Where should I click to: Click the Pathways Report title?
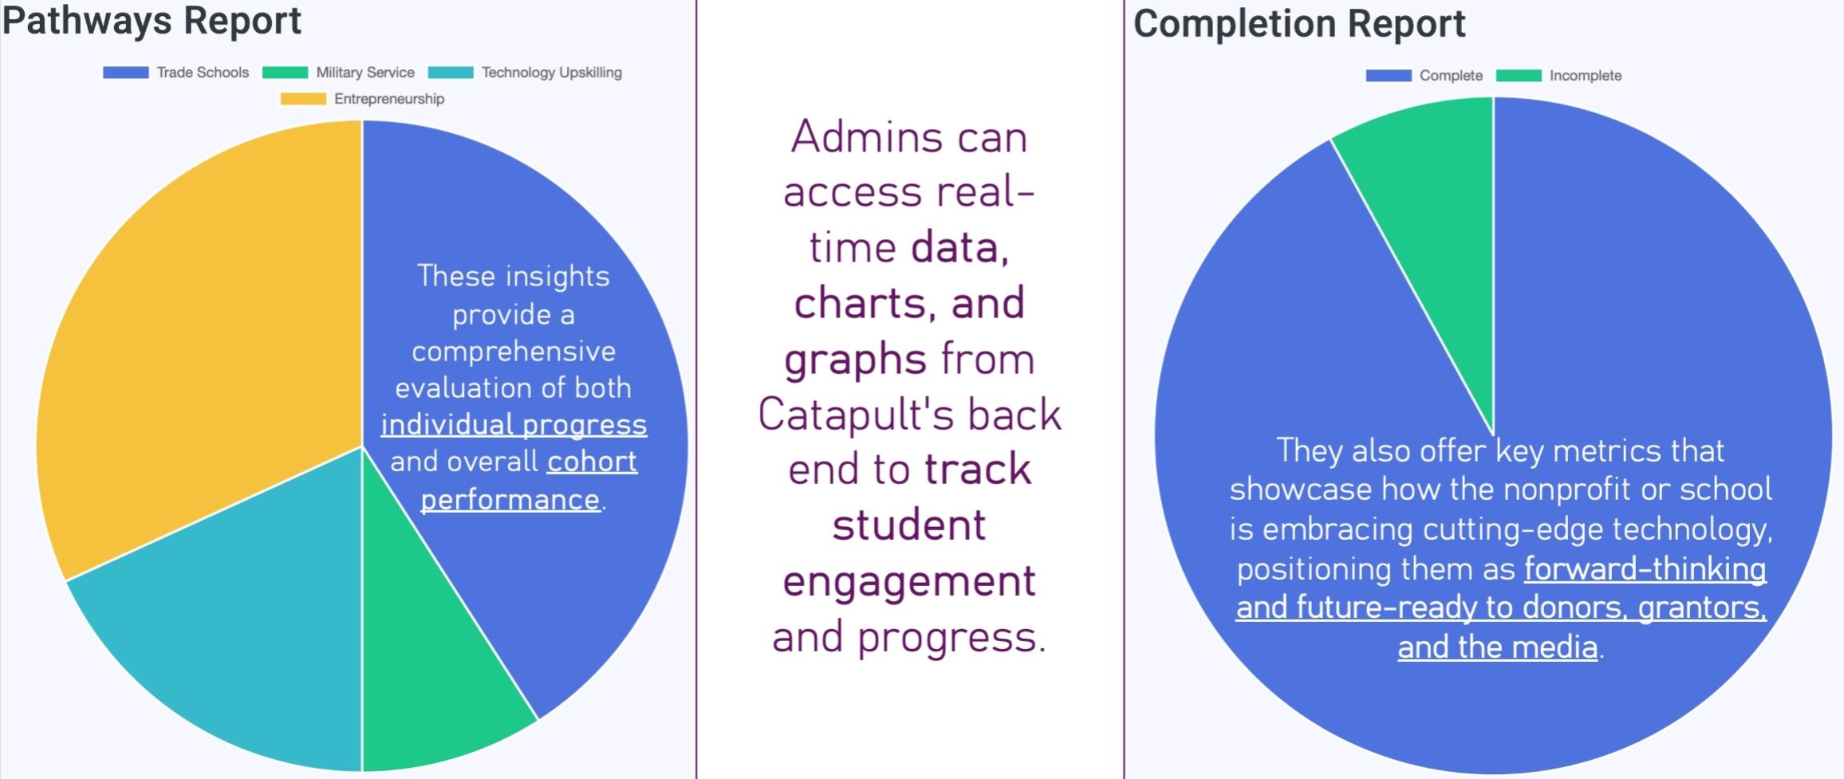click(152, 21)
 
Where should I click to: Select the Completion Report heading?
click(1299, 24)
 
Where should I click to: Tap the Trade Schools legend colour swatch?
click(125, 73)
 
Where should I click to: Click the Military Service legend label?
click(365, 73)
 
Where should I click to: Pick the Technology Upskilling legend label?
click(552, 73)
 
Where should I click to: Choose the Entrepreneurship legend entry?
click(362, 99)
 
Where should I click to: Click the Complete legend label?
click(1451, 76)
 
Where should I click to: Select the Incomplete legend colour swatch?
click(1519, 76)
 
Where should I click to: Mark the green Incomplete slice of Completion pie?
click(1436, 199)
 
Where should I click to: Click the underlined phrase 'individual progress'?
click(514, 424)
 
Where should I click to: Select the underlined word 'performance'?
click(510, 499)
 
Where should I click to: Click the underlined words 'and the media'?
click(1498, 647)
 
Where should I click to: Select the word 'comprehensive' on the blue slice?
click(514, 352)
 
